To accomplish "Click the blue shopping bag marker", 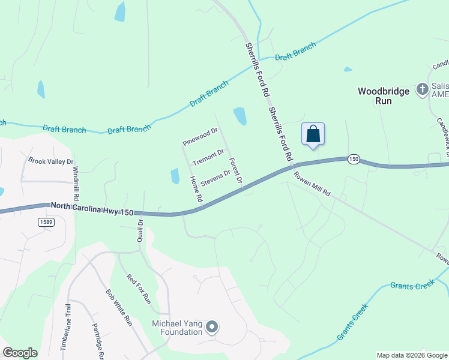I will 313,133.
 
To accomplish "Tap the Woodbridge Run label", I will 384,96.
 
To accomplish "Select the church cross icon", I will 422,89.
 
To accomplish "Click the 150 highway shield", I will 354,159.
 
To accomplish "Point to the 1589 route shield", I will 45,222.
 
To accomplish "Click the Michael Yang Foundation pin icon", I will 211,328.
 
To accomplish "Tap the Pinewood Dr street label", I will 200,137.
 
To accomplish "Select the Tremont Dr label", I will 208,157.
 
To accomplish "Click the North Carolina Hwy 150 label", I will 92,208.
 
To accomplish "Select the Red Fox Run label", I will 139,289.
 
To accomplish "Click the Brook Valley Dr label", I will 51,161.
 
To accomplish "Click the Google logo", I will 20,353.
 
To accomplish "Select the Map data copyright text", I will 412,355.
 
